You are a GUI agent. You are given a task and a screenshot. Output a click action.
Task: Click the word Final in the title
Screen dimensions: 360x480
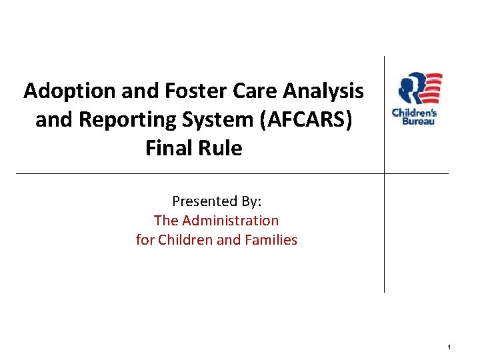pos(168,148)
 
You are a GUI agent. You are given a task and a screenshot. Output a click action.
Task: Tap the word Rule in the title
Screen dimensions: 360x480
pos(220,148)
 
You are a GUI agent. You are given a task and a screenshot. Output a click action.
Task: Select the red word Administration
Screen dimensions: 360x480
pos(230,220)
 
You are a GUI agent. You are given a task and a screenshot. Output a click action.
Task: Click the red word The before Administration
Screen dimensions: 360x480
pos(166,220)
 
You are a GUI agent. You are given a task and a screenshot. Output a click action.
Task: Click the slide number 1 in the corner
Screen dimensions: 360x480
pos(450,347)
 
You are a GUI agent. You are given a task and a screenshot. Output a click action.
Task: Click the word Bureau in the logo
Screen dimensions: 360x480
pos(417,121)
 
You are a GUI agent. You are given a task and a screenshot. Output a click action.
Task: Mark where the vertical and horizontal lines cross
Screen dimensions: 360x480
pos(385,173)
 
